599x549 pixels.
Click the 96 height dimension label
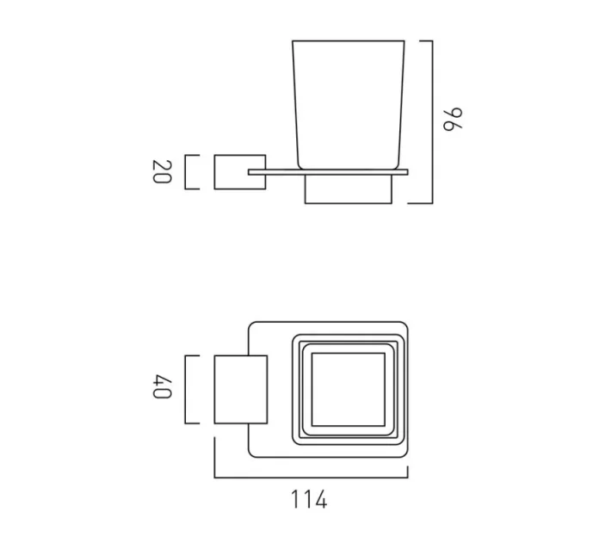[x=454, y=119]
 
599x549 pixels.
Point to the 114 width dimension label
[x=308, y=499]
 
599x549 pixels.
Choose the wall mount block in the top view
[x=237, y=389]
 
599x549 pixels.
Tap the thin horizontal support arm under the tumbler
[x=327, y=173]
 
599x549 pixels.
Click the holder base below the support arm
[x=348, y=189]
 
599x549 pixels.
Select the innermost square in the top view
[x=348, y=389]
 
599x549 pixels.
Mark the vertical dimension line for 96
[x=431, y=120]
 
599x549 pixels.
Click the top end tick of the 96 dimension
[x=419, y=40]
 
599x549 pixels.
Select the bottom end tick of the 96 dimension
[x=419, y=203]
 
